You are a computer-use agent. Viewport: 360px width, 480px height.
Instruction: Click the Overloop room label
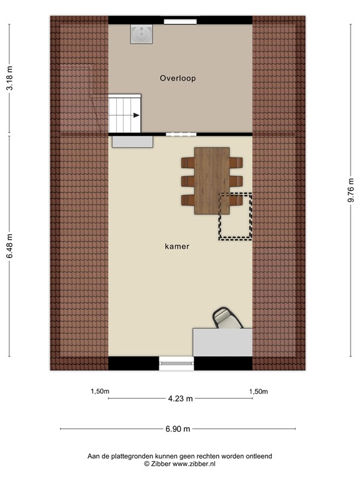(x=177, y=78)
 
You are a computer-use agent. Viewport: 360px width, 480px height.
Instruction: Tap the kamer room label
(x=177, y=246)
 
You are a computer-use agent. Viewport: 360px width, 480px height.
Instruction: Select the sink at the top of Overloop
(x=141, y=34)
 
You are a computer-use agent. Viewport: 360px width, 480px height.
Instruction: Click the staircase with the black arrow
(x=124, y=113)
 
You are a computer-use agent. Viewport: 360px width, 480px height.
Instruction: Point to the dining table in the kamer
(x=211, y=180)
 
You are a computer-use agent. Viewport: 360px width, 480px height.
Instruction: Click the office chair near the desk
(x=226, y=318)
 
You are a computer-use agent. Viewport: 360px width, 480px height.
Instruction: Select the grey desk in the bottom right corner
(x=222, y=342)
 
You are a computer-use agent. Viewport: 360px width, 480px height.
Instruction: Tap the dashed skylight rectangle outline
(x=235, y=216)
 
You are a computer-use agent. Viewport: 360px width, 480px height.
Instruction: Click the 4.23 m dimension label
(x=180, y=398)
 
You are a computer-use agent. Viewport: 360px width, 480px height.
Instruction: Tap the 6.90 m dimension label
(x=177, y=429)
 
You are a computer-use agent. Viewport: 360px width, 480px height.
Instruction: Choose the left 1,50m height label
(x=100, y=392)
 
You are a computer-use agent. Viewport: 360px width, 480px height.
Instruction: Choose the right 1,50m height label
(x=258, y=392)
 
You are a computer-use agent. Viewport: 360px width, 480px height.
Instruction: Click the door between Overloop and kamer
(x=181, y=134)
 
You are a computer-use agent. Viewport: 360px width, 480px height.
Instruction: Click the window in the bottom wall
(x=176, y=363)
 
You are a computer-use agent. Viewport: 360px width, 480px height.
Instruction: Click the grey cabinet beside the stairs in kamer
(x=132, y=142)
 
